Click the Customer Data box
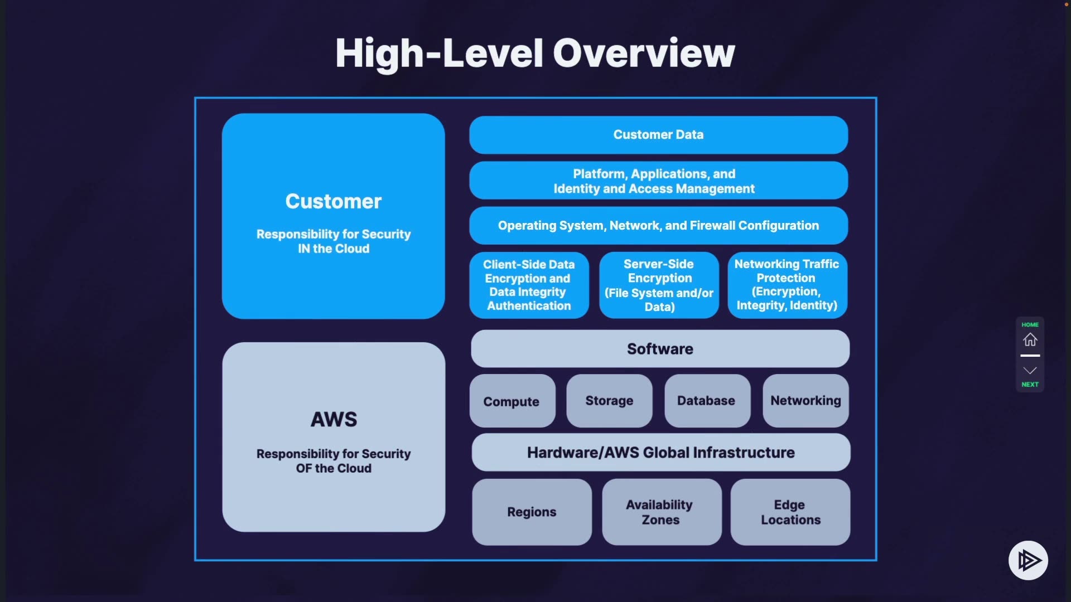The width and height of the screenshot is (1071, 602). coord(658,135)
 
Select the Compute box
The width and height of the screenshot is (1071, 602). coord(512,401)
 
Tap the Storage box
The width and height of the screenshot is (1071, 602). coord(609,401)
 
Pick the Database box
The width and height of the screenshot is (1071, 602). coord(707,401)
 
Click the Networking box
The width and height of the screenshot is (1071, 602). coord(805,401)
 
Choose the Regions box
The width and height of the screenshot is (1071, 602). coord(532,512)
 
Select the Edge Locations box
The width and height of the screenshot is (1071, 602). coord(790,512)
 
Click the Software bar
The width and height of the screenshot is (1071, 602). coord(660,349)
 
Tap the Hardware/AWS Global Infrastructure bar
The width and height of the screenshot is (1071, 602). coord(661,453)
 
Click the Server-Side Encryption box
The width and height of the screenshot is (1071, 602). coord(659,285)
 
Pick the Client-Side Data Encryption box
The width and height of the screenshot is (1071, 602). coord(529,285)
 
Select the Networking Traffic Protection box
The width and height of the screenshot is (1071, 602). coord(787,285)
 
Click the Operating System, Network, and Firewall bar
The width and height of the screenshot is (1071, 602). coord(658,226)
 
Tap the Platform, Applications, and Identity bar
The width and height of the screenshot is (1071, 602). coord(658,181)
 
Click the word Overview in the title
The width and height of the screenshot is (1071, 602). coord(644,54)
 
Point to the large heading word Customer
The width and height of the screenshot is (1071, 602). coord(334,201)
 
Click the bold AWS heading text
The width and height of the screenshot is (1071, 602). coord(334,419)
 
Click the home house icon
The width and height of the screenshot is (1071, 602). coord(1030,339)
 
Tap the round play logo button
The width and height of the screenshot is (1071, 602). coord(1028,560)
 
